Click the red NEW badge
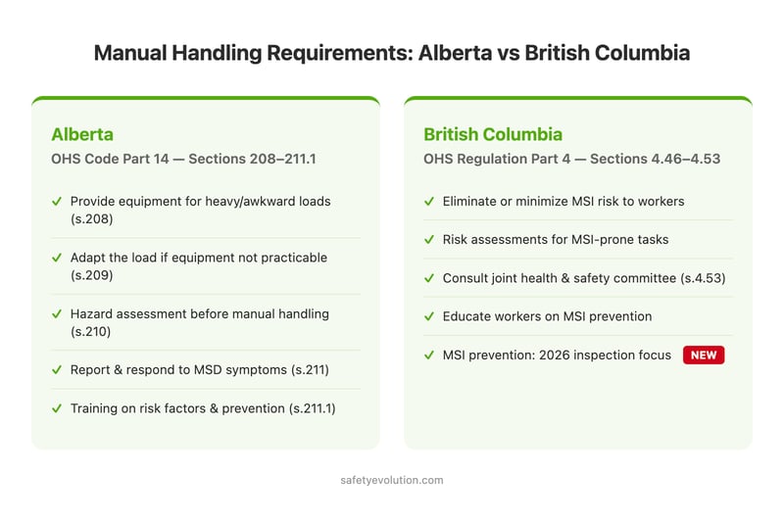point(704,356)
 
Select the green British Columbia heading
point(493,134)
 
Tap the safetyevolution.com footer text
point(392,480)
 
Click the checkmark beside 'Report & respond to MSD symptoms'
point(57,370)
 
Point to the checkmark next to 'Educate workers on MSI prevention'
point(429,316)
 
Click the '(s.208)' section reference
point(92,219)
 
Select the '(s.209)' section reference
point(92,276)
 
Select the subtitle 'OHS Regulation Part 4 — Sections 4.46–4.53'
point(571,159)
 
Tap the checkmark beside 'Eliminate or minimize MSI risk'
point(429,201)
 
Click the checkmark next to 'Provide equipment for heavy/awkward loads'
point(57,201)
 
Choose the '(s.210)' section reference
point(92,333)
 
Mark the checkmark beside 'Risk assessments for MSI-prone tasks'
point(429,239)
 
